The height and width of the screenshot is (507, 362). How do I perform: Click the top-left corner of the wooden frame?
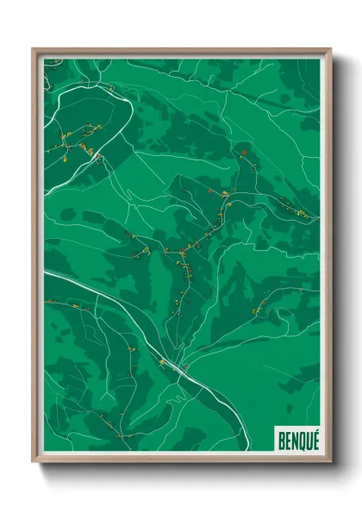pyautogui.click(x=34, y=49)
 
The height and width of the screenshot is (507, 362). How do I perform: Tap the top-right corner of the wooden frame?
pyautogui.click(x=330, y=49)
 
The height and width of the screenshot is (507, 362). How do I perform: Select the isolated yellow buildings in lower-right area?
pyautogui.click(x=255, y=310)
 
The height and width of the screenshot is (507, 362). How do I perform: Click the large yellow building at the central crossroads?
pyautogui.click(x=183, y=253)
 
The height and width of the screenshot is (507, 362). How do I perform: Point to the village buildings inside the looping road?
pyautogui.click(x=82, y=142)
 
